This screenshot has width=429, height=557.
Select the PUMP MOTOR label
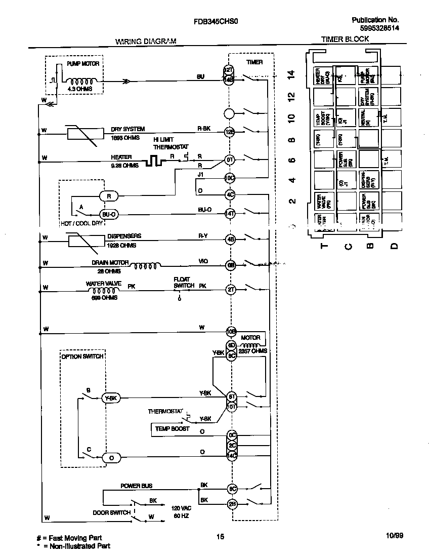(x=83, y=64)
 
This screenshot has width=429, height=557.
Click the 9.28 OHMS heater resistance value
(x=124, y=165)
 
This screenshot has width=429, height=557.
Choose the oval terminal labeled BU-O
(x=108, y=214)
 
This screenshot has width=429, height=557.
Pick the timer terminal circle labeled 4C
(x=230, y=194)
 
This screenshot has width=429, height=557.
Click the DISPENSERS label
(x=124, y=236)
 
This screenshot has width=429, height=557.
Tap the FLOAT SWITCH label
(x=184, y=282)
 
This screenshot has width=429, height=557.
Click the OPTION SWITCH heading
(x=82, y=356)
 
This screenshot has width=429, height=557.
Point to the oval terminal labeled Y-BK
(x=111, y=398)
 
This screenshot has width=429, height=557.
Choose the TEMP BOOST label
(x=172, y=429)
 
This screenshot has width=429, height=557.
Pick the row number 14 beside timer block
(x=290, y=74)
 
